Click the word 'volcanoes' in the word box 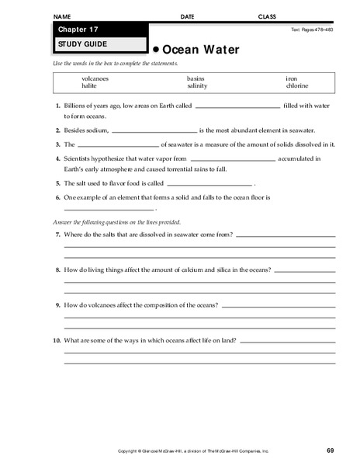[95, 78]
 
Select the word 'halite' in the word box [91, 86]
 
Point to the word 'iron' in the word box [292, 78]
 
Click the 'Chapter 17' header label [74, 30]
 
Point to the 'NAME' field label [64, 16]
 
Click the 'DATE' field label [188, 16]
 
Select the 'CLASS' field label [267, 16]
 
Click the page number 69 [331, 450]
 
